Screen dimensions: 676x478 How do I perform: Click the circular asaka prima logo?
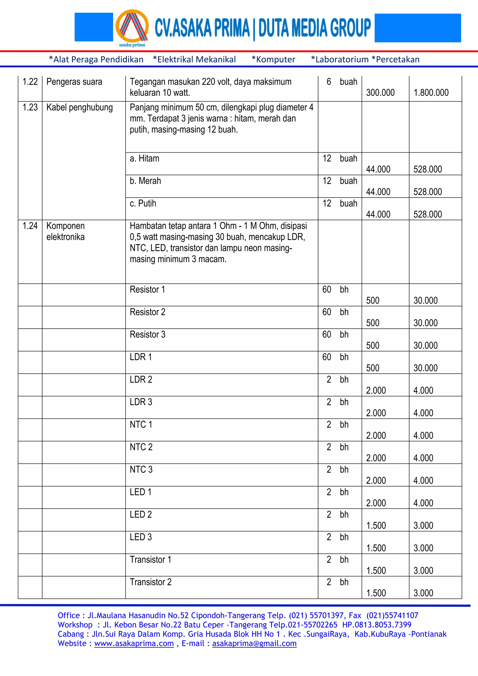132,27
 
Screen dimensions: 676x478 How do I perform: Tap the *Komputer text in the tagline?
273,59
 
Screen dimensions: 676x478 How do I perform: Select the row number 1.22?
30,82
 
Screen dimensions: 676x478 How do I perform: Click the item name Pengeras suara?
74,82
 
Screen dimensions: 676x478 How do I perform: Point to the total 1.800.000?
431,93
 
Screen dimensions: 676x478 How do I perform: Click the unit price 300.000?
380,93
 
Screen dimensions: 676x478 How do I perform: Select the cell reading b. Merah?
145,181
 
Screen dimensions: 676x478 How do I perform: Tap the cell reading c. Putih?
143,203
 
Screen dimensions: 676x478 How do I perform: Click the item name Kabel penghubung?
80,108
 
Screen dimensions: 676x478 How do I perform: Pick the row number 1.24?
30,226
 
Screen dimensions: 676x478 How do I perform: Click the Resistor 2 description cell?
148,312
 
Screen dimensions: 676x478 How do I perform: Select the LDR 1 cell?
141,357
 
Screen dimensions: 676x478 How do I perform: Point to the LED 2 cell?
141,515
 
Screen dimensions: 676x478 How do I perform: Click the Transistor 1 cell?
151,560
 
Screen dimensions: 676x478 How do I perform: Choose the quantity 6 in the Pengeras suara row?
329,82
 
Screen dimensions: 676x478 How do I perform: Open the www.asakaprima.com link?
134,643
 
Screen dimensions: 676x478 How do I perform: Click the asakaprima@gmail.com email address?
254,643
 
